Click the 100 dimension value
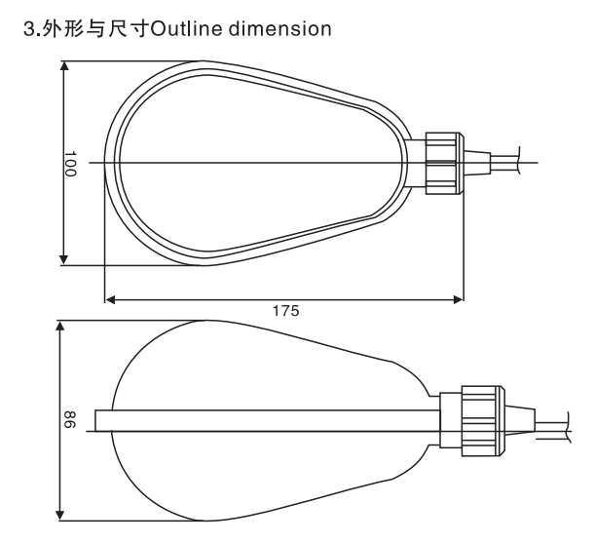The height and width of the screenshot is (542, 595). [70, 164]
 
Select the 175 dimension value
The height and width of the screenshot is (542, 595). [286, 311]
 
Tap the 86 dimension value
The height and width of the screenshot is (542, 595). [69, 419]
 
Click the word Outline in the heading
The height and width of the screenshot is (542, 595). [186, 29]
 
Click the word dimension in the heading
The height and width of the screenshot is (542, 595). [280, 29]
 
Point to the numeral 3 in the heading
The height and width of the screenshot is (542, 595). [29, 29]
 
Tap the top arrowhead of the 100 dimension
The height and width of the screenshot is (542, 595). [64, 66]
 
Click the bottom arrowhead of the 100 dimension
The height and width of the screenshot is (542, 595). [64, 260]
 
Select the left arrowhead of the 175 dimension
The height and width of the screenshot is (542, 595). [110, 300]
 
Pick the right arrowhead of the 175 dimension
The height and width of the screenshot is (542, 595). [459, 300]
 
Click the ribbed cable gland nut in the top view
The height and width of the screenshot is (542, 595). [444, 164]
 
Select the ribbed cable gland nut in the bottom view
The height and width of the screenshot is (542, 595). [483, 420]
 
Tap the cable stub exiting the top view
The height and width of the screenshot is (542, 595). [505, 163]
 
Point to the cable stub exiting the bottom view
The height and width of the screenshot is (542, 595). [552, 426]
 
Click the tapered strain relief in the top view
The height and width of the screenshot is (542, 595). [477, 163]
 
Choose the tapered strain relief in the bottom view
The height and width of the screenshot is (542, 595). [520, 420]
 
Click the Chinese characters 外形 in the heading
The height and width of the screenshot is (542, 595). [62, 29]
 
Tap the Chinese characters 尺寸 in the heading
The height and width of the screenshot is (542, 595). [128, 29]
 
